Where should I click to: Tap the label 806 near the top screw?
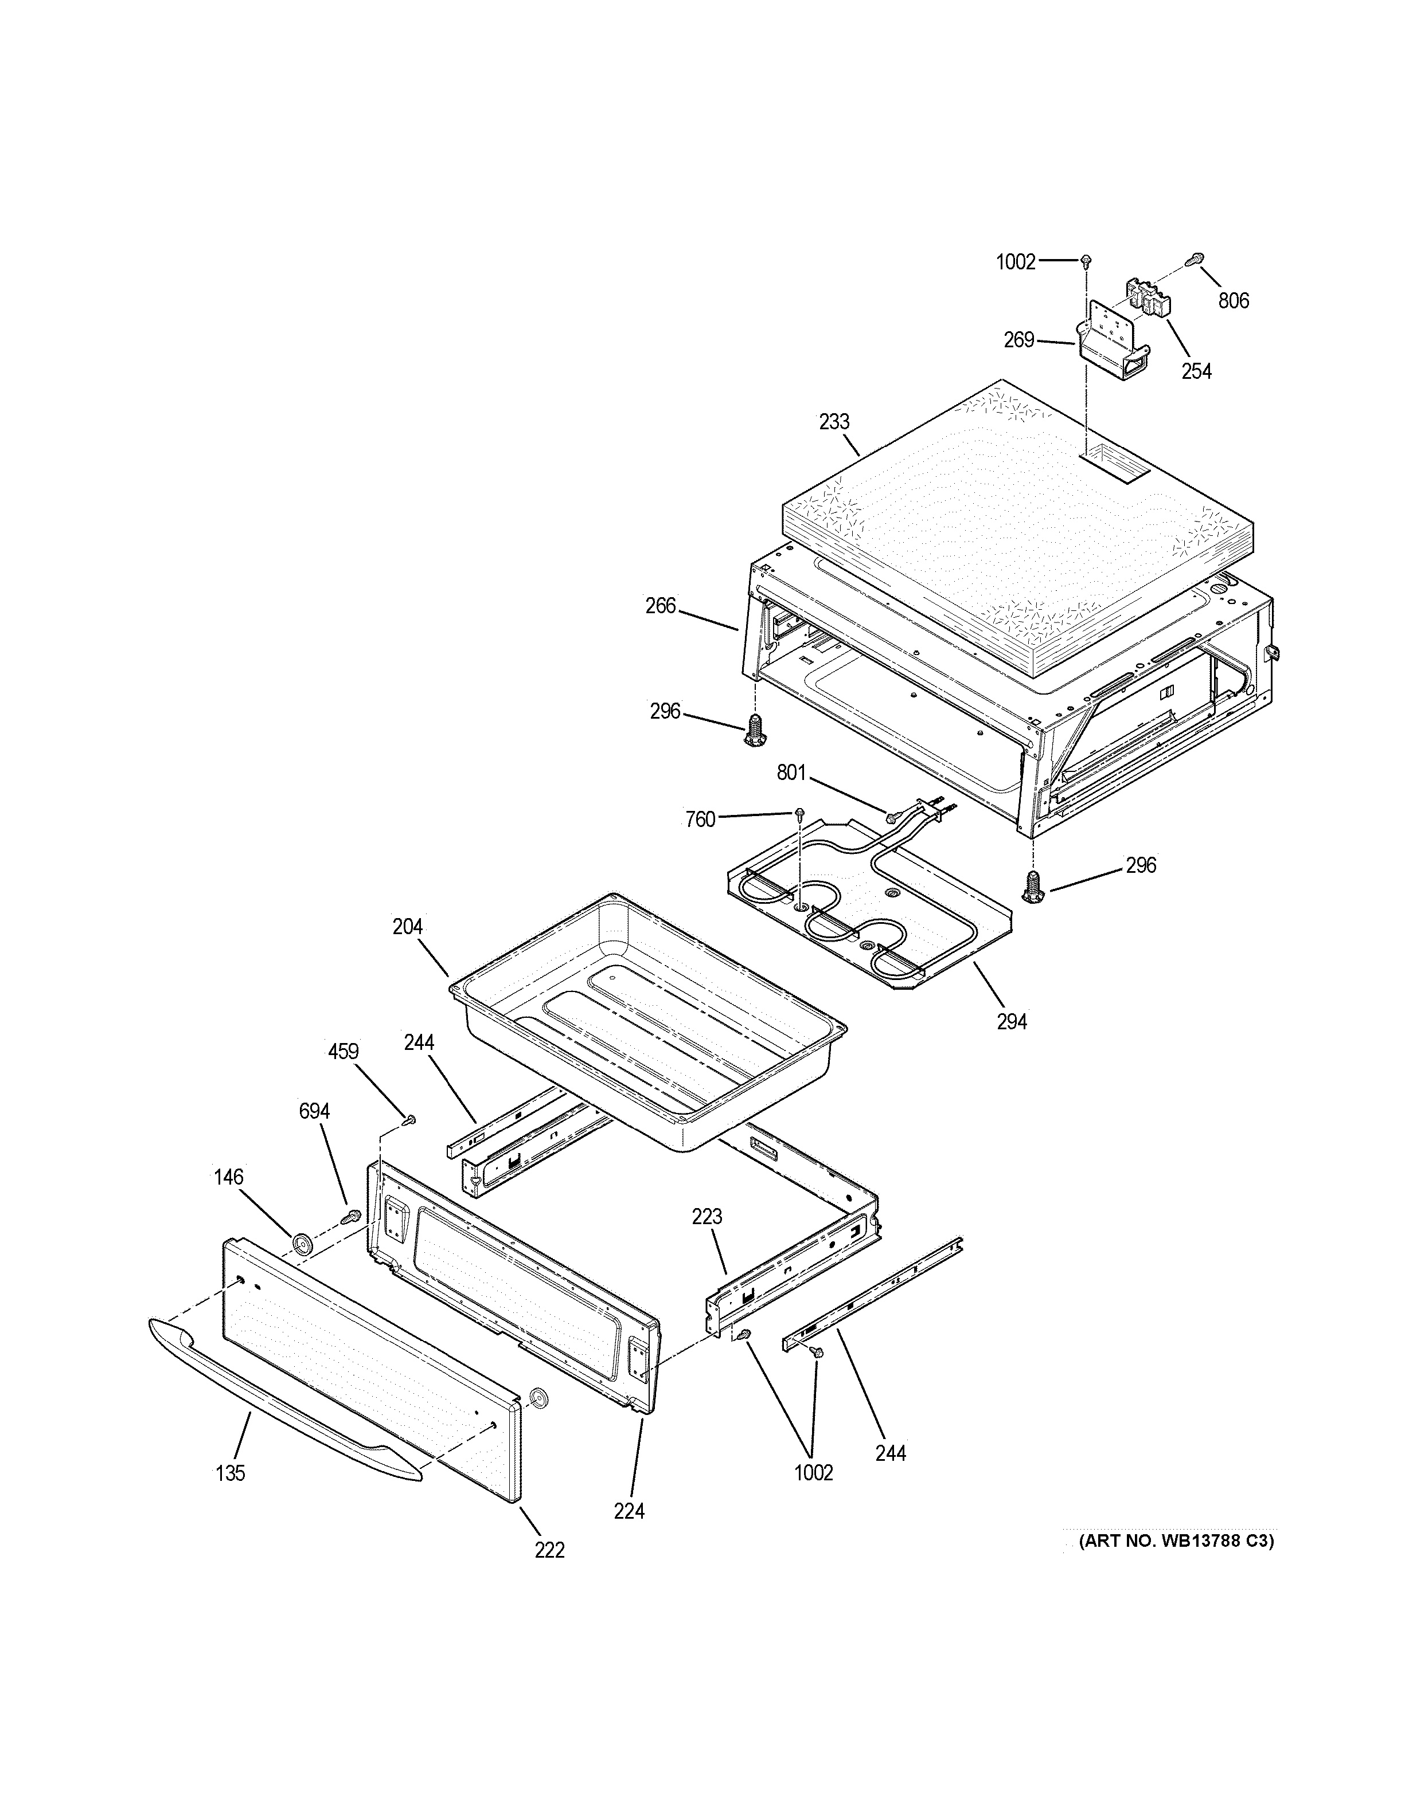[x=1234, y=301]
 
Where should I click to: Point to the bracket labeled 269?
[x=1114, y=349]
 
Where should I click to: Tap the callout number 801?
[x=791, y=773]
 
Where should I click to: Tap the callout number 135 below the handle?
[x=231, y=1473]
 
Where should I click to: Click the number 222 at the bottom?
[x=549, y=1550]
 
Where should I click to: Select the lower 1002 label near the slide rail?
[x=813, y=1473]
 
